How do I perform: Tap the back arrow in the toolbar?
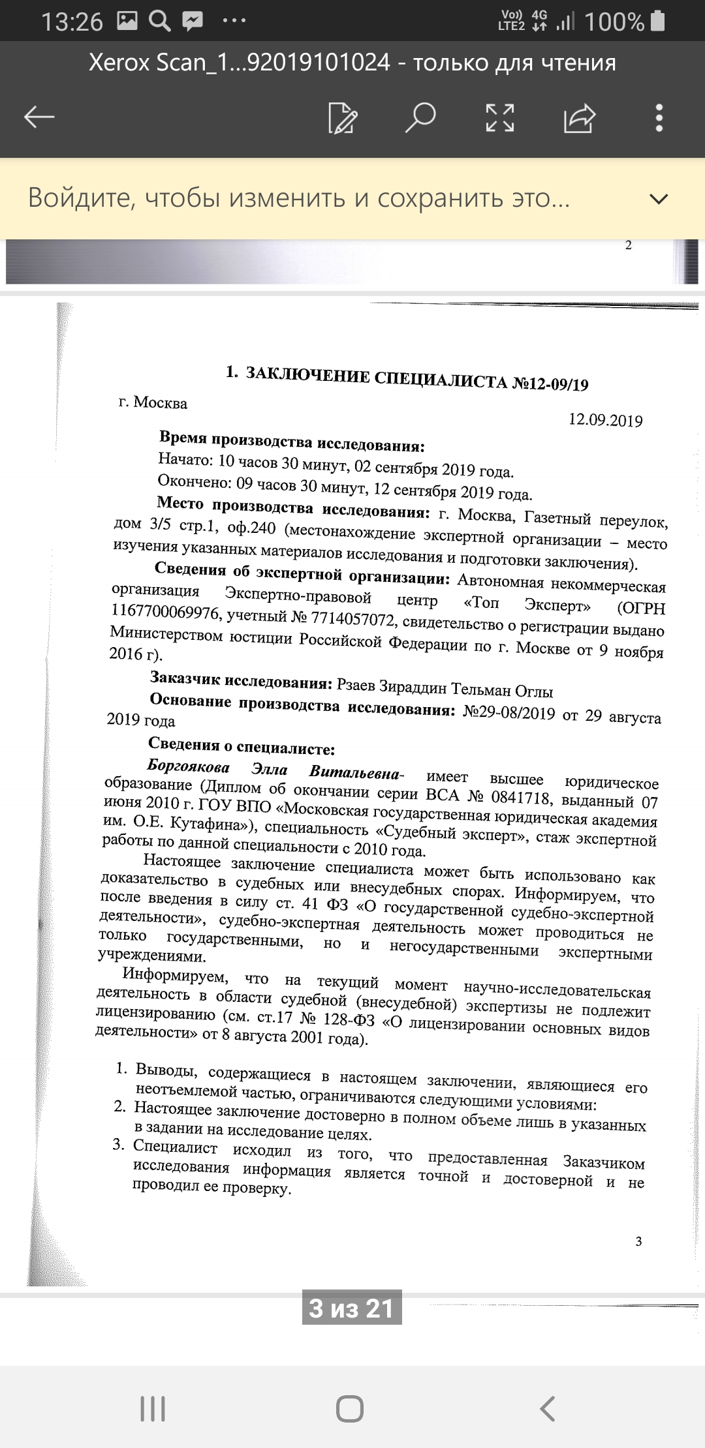point(39,117)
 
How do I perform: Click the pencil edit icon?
point(343,118)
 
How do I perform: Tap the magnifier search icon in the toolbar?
point(420,117)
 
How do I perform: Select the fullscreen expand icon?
point(500,118)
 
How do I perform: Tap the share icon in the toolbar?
point(580,118)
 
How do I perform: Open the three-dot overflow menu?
point(659,118)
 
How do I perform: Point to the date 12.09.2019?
point(605,420)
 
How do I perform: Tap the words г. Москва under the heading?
point(153,402)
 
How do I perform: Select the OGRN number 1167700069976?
point(165,611)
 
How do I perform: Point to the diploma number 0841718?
point(520,798)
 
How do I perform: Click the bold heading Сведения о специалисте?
point(241,745)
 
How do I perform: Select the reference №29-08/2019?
point(509,712)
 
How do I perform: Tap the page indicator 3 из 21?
point(352,1308)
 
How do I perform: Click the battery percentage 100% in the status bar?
point(614,22)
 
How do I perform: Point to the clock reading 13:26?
point(72,22)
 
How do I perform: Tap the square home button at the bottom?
point(350,1409)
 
